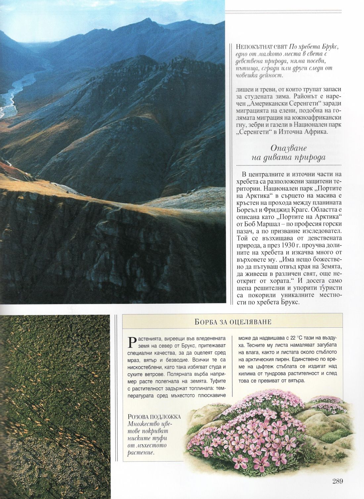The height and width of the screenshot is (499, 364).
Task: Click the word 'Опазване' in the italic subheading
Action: click(x=289, y=148)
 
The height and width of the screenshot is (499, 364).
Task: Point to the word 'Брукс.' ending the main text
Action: click(x=288, y=303)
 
